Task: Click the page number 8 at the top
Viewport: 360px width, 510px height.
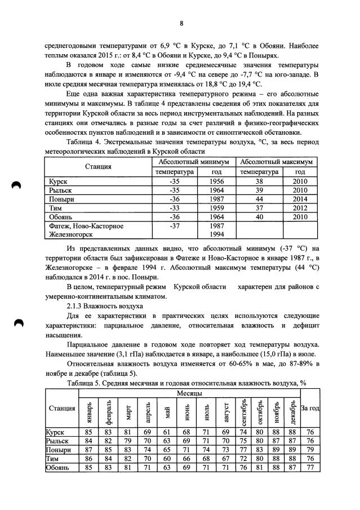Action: (x=181, y=23)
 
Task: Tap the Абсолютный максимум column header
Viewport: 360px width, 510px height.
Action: (x=276, y=162)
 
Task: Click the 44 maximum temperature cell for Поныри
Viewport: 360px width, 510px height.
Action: (x=259, y=199)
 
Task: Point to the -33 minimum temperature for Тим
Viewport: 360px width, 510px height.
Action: (x=174, y=207)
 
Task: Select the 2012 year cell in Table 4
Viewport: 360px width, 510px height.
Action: (x=300, y=207)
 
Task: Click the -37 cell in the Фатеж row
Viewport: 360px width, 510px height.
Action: (x=174, y=225)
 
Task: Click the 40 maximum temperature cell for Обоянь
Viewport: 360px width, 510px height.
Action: (x=259, y=216)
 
